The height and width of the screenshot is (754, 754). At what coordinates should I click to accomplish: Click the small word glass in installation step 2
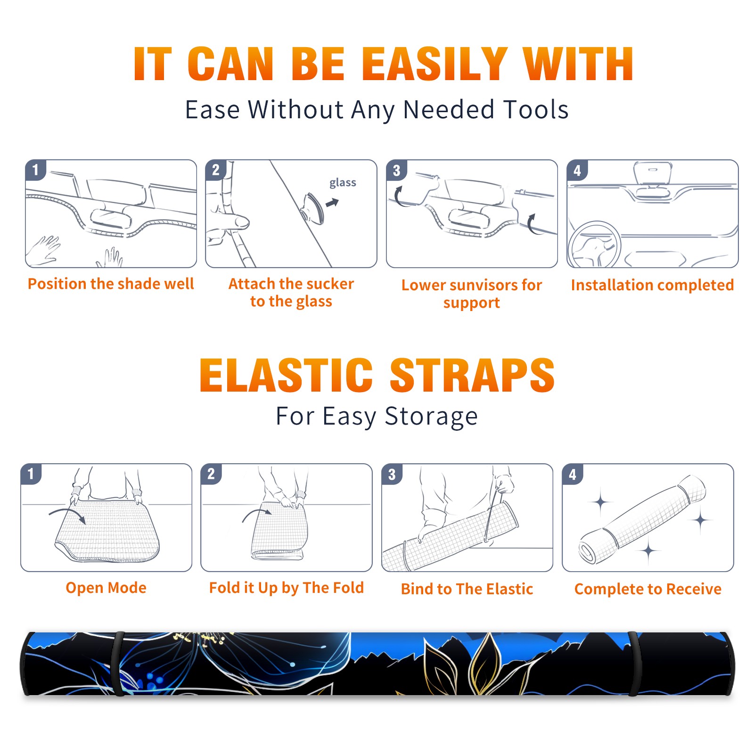pyautogui.click(x=343, y=183)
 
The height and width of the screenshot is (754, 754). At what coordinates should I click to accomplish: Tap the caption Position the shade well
pyautogui.click(x=111, y=284)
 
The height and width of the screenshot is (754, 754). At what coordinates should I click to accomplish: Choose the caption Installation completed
pyautogui.click(x=652, y=285)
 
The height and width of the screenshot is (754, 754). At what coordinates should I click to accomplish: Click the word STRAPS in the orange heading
pyautogui.click(x=472, y=375)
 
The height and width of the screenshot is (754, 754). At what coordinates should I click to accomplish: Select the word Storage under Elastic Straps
pyautogui.click(x=431, y=417)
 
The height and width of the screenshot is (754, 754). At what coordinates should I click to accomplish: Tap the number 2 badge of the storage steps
pyautogui.click(x=211, y=474)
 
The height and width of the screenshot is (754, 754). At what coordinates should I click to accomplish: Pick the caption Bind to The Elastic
pyautogui.click(x=467, y=589)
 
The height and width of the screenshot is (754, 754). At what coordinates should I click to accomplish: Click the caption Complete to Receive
pyautogui.click(x=648, y=589)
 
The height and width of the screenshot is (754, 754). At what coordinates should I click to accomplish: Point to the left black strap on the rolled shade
pyautogui.click(x=118, y=664)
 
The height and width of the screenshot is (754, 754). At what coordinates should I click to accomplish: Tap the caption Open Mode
pyautogui.click(x=106, y=588)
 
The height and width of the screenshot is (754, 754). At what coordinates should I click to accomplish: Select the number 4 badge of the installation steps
pyautogui.click(x=577, y=171)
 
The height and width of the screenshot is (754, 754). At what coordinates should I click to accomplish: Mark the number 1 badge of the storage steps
pyautogui.click(x=31, y=474)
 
